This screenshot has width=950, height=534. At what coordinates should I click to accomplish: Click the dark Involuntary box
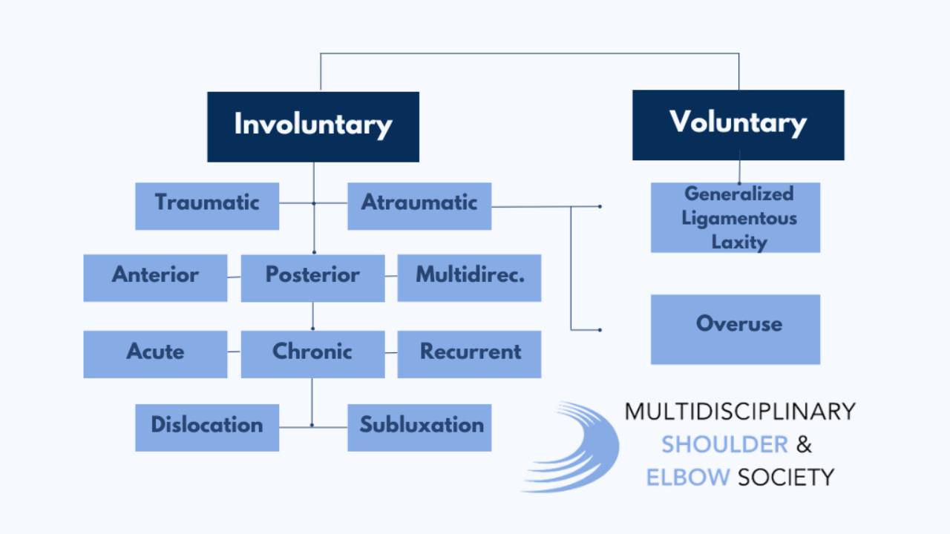[x=312, y=126]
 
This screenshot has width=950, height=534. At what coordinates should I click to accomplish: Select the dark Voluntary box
[x=738, y=125]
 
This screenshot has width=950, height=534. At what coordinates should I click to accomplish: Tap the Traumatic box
[x=207, y=205]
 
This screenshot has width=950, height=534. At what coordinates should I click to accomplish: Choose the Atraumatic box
[x=419, y=205]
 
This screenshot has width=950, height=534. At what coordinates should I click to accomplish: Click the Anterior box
[x=155, y=277]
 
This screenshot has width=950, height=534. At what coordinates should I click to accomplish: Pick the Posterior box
[x=312, y=277]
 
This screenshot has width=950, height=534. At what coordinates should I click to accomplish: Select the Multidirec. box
[x=469, y=277]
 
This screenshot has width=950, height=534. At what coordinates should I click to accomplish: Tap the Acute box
[x=155, y=354]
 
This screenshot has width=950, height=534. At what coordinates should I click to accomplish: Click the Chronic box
[x=312, y=354]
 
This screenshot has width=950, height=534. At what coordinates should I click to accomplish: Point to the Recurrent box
[x=469, y=354]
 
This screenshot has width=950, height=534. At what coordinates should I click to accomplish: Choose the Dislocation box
[x=207, y=427]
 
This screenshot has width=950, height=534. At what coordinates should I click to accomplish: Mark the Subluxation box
[x=419, y=427]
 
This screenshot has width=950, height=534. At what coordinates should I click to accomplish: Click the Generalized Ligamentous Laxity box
[x=736, y=217]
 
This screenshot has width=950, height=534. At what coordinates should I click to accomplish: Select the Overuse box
[x=736, y=329]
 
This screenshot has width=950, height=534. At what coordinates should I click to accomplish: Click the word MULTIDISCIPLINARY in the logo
[x=739, y=412]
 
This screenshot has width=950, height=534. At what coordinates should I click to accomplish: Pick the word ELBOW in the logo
[x=688, y=477]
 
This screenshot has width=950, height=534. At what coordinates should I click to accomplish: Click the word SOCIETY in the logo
[x=786, y=477]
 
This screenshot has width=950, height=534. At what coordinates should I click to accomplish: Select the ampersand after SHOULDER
[x=804, y=444]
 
